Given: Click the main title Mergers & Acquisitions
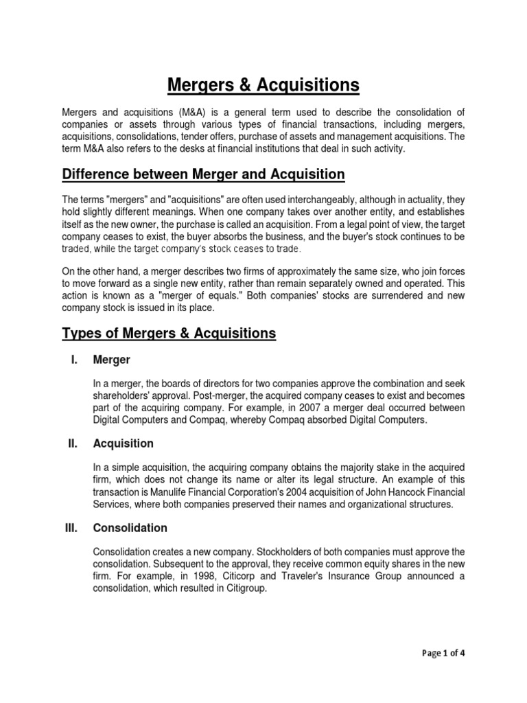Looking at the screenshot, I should (263, 85).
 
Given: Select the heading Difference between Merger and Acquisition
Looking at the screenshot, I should (203, 174).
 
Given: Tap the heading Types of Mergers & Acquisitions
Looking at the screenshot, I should (169, 333).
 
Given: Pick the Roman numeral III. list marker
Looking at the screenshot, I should (71, 528).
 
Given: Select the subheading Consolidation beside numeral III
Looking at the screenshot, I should (130, 528).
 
